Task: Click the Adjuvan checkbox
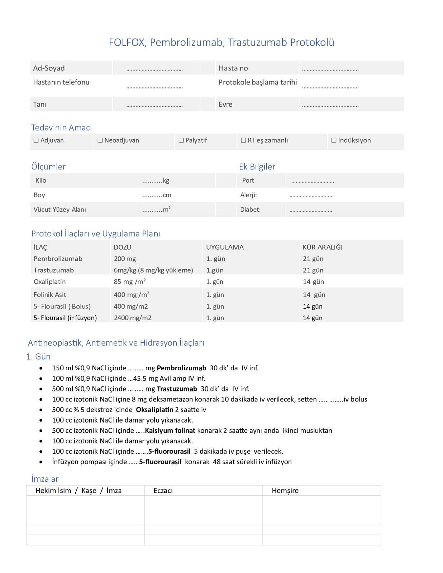click(x=36, y=140)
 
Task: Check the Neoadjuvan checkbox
click(x=100, y=140)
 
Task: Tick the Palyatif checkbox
click(x=181, y=140)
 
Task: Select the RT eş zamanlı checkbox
click(x=243, y=140)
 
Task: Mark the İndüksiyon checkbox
click(x=334, y=140)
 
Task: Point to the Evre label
click(x=225, y=105)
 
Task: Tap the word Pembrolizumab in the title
click(x=186, y=42)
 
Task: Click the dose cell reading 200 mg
click(x=125, y=259)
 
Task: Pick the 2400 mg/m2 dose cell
click(x=133, y=318)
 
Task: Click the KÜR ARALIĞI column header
click(x=323, y=247)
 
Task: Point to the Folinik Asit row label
click(x=50, y=295)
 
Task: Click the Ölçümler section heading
click(x=48, y=167)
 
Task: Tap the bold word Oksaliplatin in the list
click(x=154, y=410)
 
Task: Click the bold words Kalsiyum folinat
click(x=170, y=430)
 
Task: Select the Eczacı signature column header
click(x=163, y=491)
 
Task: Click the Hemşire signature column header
click(x=285, y=491)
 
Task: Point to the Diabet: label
click(x=250, y=210)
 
